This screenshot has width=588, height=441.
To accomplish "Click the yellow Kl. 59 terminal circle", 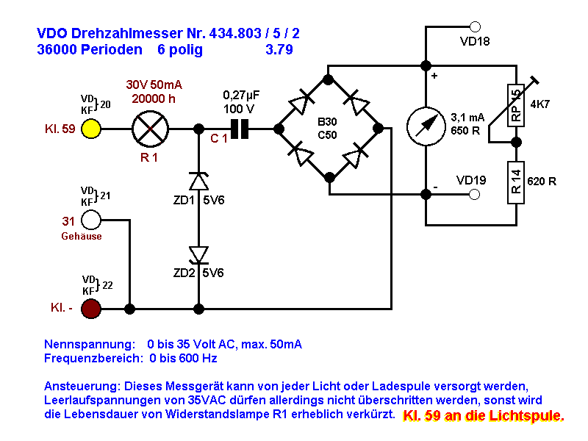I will [91, 129].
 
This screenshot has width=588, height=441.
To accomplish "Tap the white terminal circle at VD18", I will [475, 26].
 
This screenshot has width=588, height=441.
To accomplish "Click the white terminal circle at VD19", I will [475, 195].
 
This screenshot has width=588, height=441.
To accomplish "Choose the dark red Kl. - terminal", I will [91, 309].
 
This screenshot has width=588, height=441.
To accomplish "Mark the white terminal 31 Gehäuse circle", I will [91, 219].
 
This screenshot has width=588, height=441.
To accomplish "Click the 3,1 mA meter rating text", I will [467, 117].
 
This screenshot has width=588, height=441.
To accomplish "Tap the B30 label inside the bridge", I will [327, 121].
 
